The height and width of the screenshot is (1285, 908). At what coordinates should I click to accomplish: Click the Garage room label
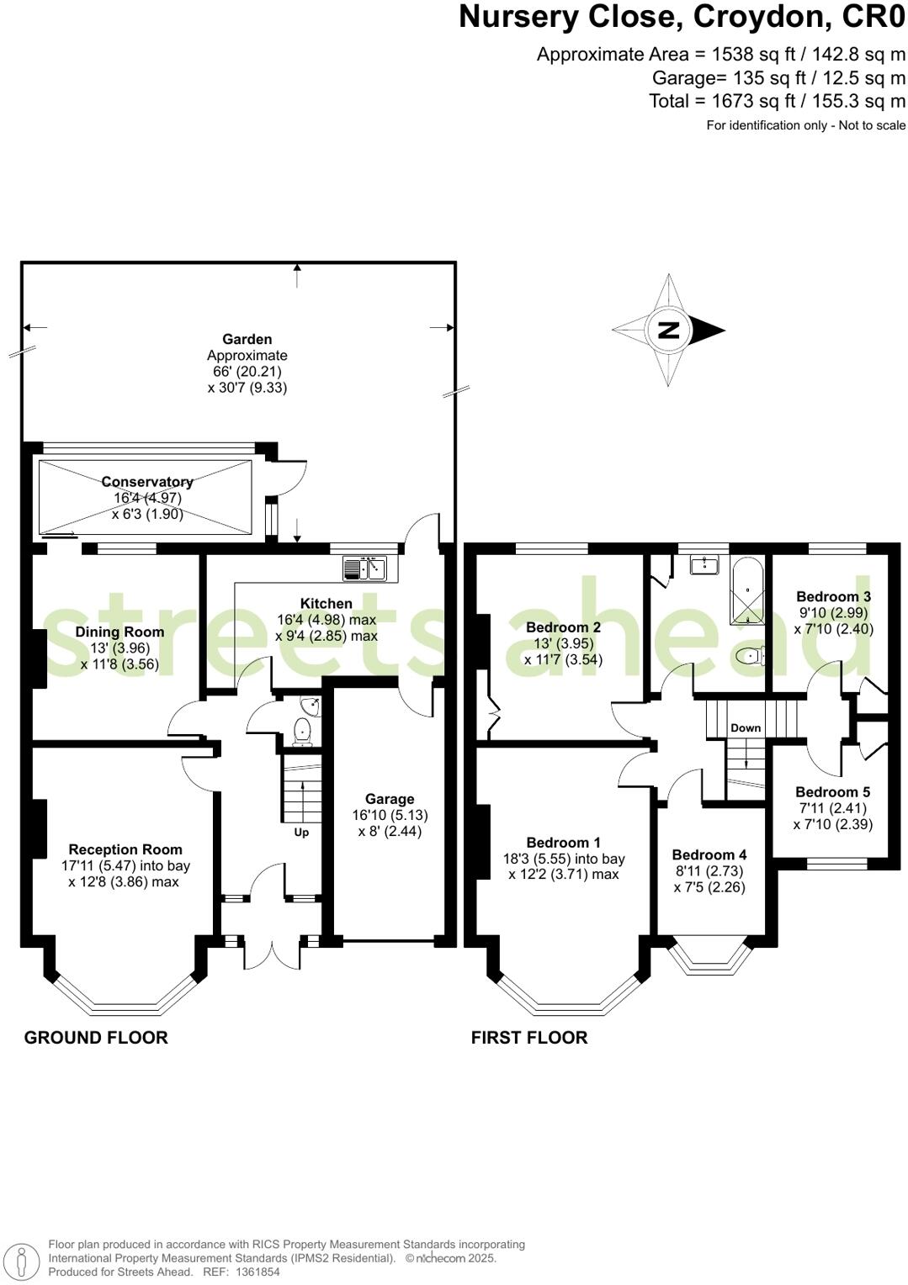pos(390,799)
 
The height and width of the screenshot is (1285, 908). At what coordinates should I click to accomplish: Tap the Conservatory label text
pos(147,482)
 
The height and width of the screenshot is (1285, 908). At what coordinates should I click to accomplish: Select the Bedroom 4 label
pos(709,854)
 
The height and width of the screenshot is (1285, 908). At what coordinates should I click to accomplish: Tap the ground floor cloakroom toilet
pos(303,732)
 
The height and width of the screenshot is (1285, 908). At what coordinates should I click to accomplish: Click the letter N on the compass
pos(668,330)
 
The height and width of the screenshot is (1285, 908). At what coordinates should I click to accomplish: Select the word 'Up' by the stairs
pos(301,833)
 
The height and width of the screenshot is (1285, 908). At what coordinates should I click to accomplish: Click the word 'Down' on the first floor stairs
pos(746,728)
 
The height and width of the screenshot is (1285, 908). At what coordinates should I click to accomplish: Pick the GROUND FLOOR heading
pos(96,1038)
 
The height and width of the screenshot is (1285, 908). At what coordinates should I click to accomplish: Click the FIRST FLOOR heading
pos(528,1038)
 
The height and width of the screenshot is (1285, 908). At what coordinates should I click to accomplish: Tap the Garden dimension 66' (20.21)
pos(247,372)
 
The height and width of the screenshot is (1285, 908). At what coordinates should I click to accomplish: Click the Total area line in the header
pos(777,101)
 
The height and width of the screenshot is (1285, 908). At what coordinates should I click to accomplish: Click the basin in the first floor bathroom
pos(704,565)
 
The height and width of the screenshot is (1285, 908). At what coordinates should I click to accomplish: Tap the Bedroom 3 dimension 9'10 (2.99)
pos(833,613)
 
